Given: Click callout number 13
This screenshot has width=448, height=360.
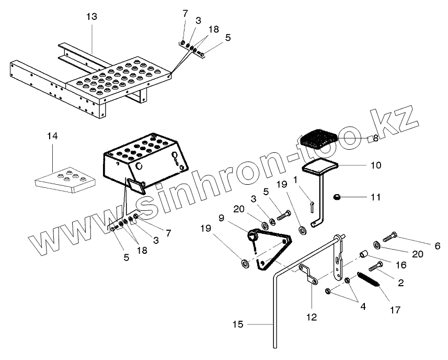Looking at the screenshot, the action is (91, 17).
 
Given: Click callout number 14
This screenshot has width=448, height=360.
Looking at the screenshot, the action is (52, 136).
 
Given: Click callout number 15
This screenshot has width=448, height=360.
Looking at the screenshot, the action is (238, 325).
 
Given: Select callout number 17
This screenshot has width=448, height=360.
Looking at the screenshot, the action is (395, 310).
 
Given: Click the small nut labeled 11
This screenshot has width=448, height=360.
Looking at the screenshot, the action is (337, 197).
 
